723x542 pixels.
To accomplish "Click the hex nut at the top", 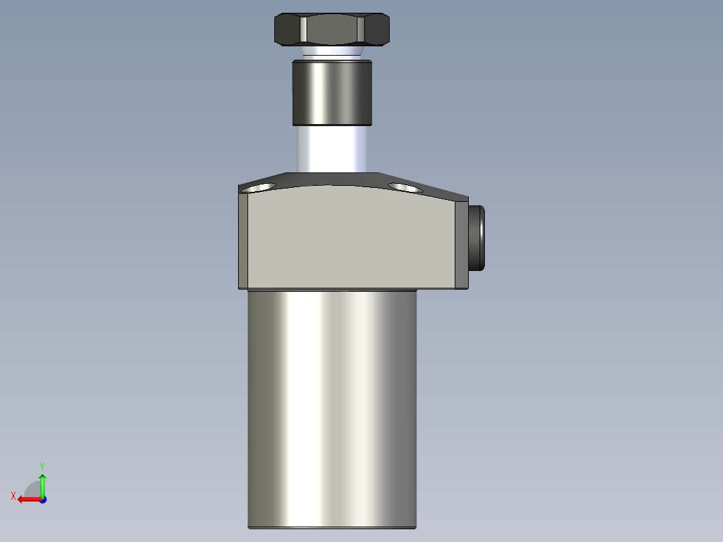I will (x=331, y=30).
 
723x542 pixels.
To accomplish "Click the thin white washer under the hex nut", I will (x=331, y=52).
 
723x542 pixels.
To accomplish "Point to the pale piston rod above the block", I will (x=331, y=149).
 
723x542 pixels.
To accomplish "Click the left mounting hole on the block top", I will (x=261, y=187).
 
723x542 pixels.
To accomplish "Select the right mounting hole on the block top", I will (x=405, y=187).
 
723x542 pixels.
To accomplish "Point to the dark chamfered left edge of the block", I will (x=243, y=238).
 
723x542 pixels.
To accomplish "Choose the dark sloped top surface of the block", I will (x=335, y=179).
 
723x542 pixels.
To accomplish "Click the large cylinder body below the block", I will (x=332, y=402).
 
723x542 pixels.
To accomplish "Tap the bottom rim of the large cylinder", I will (x=332, y=527).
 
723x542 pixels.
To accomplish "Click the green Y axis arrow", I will (x=42, y=483).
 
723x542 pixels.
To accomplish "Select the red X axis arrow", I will (x=27, y=499).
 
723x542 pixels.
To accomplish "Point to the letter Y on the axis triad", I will (x=42, y=466).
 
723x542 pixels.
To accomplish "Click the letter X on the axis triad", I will (x=13, y=496).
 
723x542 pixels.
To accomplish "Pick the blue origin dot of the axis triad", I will (x=42, y=499).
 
